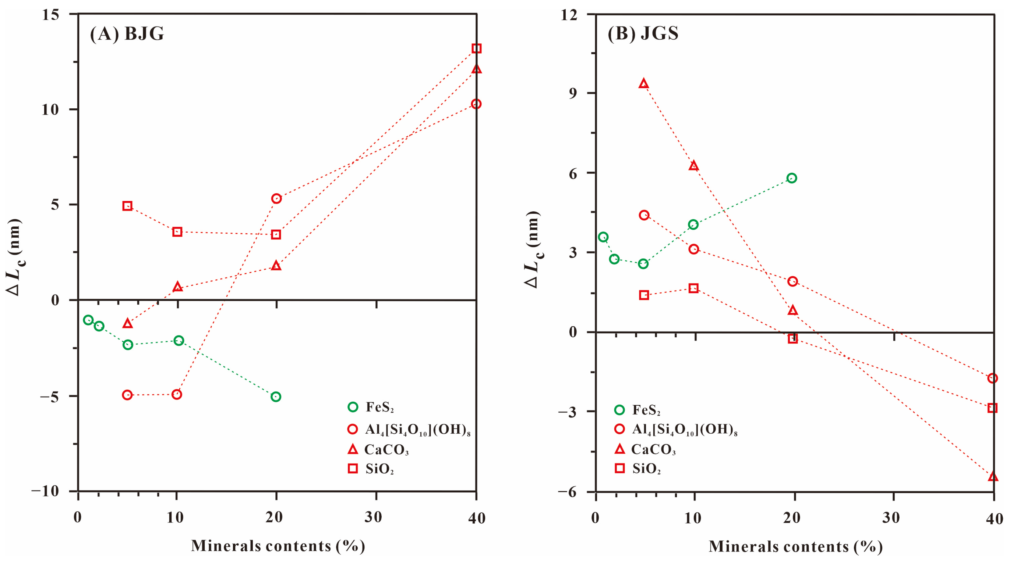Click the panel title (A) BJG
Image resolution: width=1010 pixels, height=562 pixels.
(127, 34)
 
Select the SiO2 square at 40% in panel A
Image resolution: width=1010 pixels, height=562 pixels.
(476, 49)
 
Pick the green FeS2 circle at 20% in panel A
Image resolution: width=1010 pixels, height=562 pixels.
(276, 396)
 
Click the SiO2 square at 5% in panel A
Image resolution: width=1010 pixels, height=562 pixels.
(127, 206)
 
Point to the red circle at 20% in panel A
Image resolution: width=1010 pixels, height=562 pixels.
(276, 199)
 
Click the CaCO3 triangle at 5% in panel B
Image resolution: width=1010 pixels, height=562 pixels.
(643, 83)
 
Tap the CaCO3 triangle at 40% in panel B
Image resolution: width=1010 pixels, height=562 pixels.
(993, 477)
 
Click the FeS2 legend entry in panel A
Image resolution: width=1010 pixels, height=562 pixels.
(371, 407)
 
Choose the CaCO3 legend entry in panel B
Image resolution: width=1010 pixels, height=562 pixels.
(645, 449)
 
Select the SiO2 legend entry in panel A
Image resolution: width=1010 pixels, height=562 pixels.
(371, 469)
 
